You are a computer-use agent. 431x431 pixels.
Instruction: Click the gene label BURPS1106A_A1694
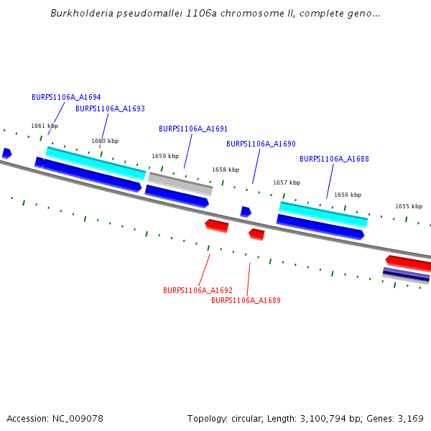coord(66,97)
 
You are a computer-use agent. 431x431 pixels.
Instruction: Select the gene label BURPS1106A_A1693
coord(110,108)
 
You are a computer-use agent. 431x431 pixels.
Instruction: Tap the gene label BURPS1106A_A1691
coord(193,129)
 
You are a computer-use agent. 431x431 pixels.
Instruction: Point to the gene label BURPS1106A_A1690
coord(261,144)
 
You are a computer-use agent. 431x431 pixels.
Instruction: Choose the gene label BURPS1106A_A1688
coord(334,159)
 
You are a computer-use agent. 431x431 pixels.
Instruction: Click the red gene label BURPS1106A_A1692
coord(198,290)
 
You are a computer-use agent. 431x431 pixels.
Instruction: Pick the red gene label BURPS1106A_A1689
coord(246,300)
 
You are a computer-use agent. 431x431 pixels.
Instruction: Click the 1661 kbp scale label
coord(44,126)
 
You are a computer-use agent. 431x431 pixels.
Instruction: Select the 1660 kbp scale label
coord(105,141)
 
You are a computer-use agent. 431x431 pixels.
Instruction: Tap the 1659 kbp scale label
coord(165,156)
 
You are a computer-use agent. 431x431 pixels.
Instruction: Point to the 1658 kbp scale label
coord(226,170)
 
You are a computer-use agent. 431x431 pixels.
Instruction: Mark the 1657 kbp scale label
coord(287,182)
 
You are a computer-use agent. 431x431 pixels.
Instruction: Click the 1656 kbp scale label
coord(348,195)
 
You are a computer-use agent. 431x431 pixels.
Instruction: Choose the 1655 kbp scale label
coord(409,206)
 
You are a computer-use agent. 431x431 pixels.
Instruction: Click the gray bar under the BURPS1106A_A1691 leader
coord(180,183)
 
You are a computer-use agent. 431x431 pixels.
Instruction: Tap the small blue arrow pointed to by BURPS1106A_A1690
coord(246,212)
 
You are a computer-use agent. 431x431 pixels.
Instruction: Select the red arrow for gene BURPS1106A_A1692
coord(217,226)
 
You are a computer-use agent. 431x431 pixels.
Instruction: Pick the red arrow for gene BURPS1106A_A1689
coord(256,234)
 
